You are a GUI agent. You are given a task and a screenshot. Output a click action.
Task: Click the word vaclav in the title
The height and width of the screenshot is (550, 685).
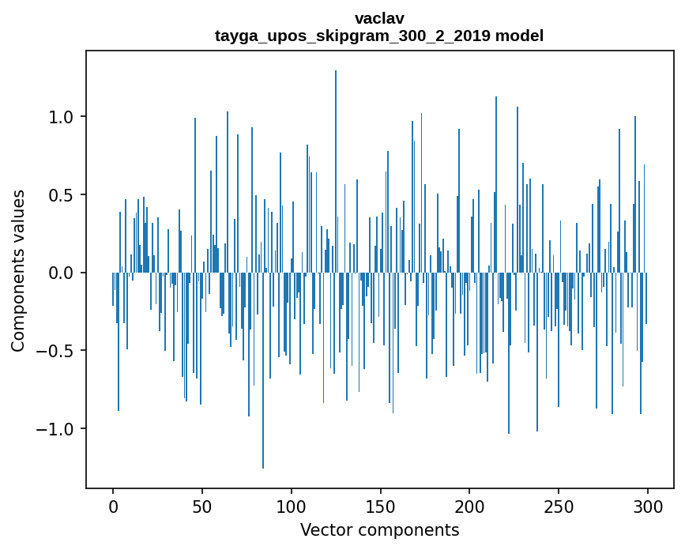(379, 18)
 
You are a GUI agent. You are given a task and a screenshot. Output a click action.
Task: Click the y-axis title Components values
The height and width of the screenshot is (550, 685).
(18, 270)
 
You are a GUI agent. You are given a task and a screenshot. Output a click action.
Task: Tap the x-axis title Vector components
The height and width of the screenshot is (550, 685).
(379, 529)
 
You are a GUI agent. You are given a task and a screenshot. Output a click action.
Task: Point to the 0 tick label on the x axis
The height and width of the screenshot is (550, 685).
(113, 505)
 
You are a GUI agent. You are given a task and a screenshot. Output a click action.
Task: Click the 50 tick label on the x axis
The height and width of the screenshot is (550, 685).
(202, 505)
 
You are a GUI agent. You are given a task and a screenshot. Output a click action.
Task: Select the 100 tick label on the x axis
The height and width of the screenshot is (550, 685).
(292, 505)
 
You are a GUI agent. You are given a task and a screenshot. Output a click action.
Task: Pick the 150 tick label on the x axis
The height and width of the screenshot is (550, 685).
(380, 505)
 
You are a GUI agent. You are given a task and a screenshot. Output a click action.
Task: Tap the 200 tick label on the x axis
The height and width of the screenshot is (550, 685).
(469, 505)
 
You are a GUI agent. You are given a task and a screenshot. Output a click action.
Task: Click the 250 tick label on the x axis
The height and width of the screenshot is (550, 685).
(559, 505)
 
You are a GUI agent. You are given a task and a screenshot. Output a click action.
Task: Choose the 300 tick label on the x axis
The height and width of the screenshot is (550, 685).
(648, 505)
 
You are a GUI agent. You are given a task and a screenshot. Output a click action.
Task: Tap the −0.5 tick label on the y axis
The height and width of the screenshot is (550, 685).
(56, 351)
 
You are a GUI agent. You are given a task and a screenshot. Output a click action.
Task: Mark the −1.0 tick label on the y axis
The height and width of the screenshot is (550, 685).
(56, 429)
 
